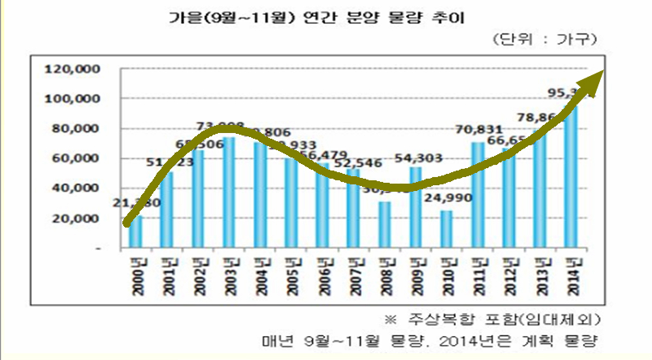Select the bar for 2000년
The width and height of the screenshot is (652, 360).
click(137, 232)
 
